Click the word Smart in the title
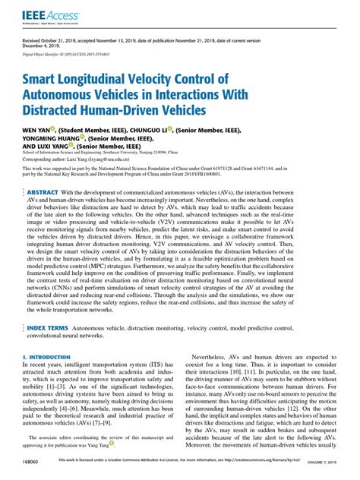coord(46,79)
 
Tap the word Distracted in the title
coord(56,110)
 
